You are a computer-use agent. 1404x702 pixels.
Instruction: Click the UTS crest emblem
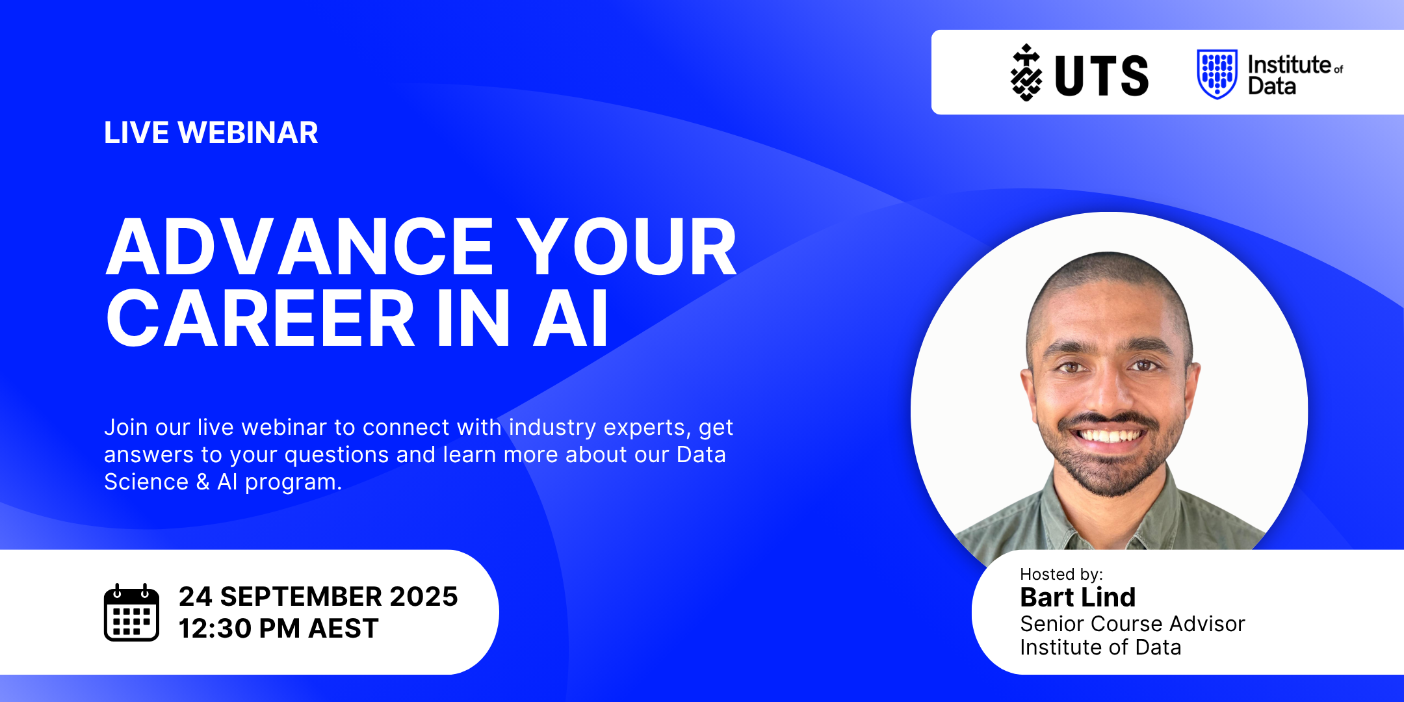tap(1026, 72)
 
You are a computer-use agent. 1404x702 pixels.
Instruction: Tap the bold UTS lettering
tap(1102, 76)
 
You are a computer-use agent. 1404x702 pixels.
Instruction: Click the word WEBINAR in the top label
tap(248, 133)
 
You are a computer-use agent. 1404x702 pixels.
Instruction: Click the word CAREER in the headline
tap(260, 318)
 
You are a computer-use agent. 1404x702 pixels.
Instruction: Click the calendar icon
tap(131, 612)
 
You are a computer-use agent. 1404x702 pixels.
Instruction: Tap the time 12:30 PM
tap(239, 629)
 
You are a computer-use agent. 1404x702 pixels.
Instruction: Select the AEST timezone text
tap(343, 629)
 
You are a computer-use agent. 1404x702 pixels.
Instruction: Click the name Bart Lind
tap(1078, 597)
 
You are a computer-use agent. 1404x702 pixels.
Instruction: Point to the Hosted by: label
tap(1061, 575)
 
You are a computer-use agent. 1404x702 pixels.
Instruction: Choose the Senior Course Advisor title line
tap(1132, 624)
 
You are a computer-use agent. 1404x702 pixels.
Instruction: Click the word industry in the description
tap(552, 428)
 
